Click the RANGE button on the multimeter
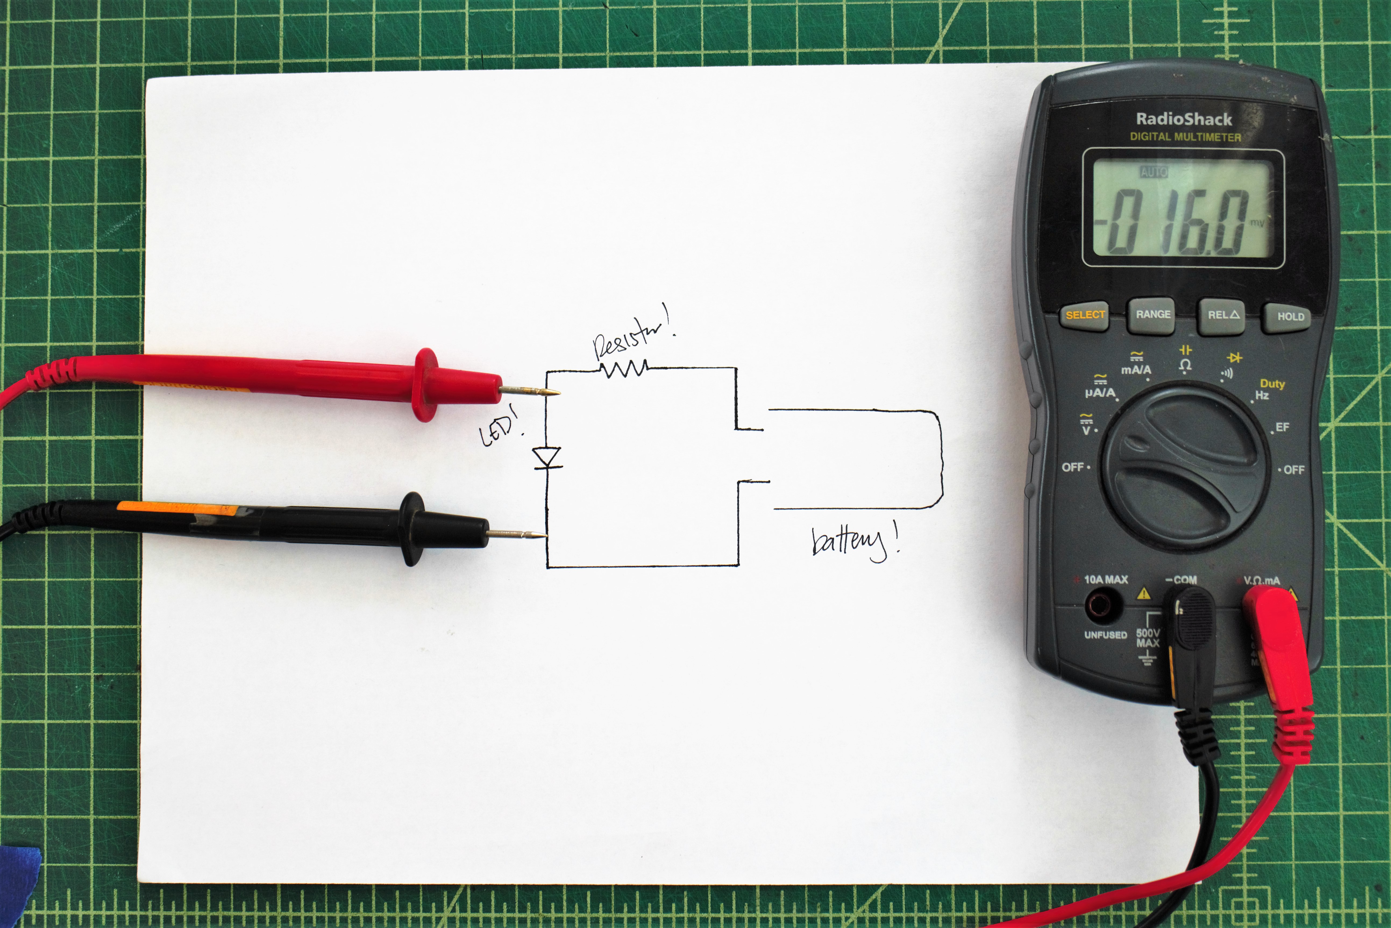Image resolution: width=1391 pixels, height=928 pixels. point(1153,315)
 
